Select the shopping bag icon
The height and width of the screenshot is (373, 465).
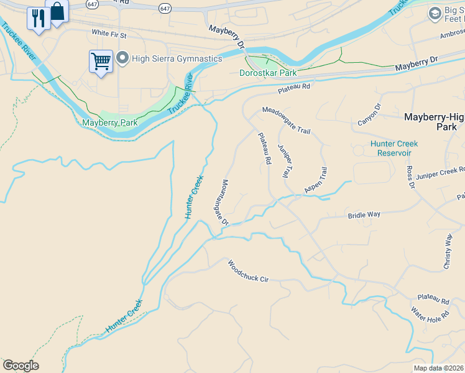pos(57,11)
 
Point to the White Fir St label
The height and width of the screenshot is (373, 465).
pos(109,32)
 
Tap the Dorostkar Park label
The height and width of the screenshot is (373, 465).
pos(268,73)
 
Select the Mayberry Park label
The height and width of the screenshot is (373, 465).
pos(110,122)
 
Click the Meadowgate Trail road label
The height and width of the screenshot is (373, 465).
pos(285,120)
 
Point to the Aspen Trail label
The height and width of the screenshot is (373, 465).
pos(315,180)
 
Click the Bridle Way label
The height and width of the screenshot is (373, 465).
pos(363,214)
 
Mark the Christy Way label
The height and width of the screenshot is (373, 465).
pos(447,251)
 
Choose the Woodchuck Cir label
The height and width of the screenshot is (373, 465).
pos(247,271)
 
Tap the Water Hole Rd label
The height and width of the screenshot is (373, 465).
pos(430,314)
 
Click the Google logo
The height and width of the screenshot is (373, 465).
pos(21,366)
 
